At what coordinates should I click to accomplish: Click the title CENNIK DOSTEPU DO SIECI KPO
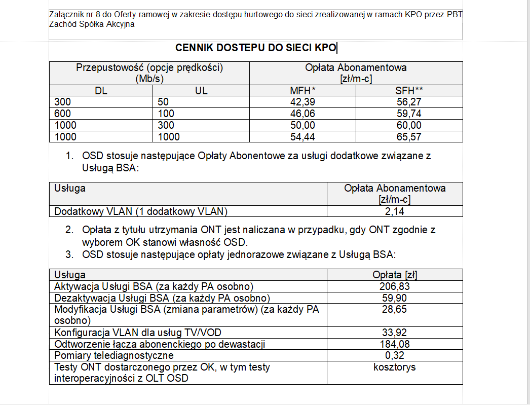coord(256,48)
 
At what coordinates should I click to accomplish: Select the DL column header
coord(101,91)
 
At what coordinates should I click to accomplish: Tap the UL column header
coord(201,91)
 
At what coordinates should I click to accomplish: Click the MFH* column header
coord(302,91)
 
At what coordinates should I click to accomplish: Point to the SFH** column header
coord(409,91)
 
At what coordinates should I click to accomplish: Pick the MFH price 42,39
coord(302,102)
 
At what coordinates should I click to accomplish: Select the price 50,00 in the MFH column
coord(302,126)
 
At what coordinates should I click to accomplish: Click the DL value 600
coord(63,114)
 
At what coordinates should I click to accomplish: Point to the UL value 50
coord(164,102)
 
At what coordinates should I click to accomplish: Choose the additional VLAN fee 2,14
coord(395,211)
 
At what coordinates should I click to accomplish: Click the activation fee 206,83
coord(395,286)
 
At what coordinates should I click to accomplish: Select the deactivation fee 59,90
coord(395,298)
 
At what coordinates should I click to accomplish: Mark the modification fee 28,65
coord(395,309)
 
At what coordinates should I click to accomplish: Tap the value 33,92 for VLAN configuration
coord(395,333)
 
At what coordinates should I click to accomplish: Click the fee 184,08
coord(395,345)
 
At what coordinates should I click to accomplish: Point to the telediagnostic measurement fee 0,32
coord(395,356)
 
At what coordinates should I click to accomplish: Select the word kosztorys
coord(395,367)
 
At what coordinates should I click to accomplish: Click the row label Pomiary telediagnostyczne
coord(114,356)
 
